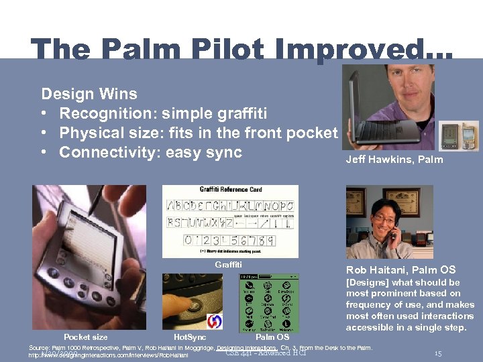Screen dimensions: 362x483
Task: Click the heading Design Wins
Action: point(89,94)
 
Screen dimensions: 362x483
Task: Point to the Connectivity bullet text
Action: point(150,152)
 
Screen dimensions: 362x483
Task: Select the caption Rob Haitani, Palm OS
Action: point(400,270)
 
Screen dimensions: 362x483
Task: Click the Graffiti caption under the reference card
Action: point(228,264)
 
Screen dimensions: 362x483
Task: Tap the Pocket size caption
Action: point(85,337)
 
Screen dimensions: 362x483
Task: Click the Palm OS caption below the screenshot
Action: point(272,337)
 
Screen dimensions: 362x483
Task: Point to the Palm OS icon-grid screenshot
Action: point(269,302)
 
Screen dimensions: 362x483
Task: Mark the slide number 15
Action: point(437,353)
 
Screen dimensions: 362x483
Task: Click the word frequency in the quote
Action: point(370,304)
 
